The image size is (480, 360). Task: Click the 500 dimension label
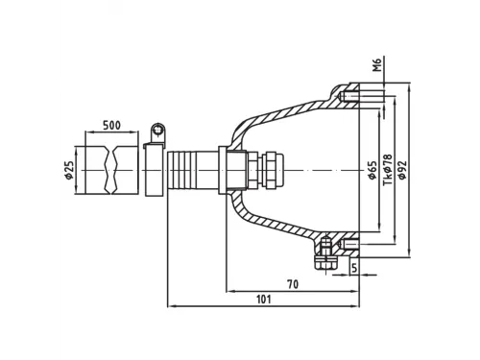click(111, 125)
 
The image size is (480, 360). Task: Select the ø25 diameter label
click(69, 170)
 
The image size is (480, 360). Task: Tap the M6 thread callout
click(378, 65)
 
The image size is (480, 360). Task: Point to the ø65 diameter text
click(372, 170)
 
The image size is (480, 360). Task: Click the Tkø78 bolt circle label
click(388, 170)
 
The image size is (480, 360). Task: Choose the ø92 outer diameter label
click(402, 170)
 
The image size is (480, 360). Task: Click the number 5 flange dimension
click(354, 268)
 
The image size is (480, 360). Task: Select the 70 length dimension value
click(293, 284)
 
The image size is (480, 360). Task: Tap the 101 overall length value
click(264, 300)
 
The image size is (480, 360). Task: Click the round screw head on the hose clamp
click(157, 130)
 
